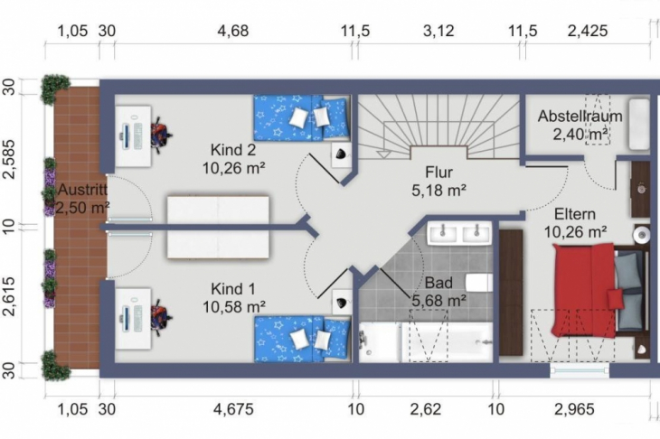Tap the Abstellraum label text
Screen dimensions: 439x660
[x=580, y=117]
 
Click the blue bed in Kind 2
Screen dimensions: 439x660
[x=300, y=118]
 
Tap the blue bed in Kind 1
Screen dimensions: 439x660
[x=300, y=338]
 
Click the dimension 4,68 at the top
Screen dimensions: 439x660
[x=232, y=30]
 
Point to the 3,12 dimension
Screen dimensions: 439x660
[x=438, y=30]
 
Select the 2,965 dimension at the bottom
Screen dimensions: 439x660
[x=576, y=409]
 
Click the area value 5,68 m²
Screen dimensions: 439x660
[x=439, y=300]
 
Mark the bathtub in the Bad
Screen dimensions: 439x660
[x=425, y=342]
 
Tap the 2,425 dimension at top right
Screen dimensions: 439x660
[x=589, y=30]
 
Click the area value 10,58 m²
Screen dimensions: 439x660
[x=233, y=307]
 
